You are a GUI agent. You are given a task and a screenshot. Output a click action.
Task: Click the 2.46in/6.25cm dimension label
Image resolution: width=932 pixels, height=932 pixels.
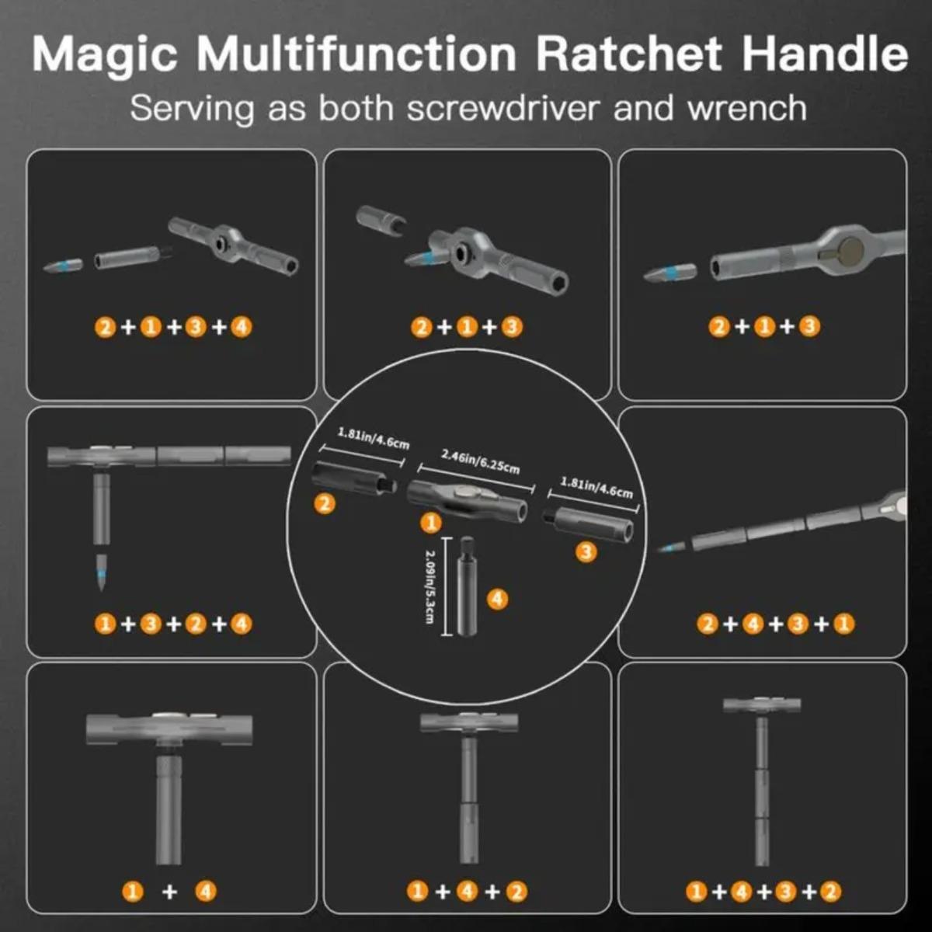click(480, 461)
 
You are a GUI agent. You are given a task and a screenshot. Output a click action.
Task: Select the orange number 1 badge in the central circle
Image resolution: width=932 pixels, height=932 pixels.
click(430, 523)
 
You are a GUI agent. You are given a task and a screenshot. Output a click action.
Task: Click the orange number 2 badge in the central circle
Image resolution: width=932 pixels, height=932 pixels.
click(325, 503)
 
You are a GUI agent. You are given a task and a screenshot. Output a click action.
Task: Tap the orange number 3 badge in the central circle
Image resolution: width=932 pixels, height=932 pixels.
click(586, 552)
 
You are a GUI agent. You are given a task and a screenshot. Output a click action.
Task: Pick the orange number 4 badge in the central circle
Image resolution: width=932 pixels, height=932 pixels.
click(497, 599)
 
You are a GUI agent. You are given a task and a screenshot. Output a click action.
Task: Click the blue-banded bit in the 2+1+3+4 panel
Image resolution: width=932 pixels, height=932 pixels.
click(63, 266)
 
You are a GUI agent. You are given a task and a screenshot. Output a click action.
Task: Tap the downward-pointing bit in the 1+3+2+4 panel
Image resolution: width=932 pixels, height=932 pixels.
click(101, 573)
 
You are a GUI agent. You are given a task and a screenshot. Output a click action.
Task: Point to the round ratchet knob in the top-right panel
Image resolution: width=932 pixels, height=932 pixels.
click(850, 250)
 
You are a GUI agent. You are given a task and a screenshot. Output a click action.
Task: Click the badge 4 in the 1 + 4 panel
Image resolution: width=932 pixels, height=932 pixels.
click(206, 891)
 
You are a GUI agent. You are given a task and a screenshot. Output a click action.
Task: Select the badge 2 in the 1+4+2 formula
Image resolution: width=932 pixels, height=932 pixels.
click(516, 892)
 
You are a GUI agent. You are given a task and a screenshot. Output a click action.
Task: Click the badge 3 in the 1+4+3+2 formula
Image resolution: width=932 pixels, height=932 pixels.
click(785, 892)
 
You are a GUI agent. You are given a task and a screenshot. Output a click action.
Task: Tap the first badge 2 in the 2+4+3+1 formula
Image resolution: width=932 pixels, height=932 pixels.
click(707, 624)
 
